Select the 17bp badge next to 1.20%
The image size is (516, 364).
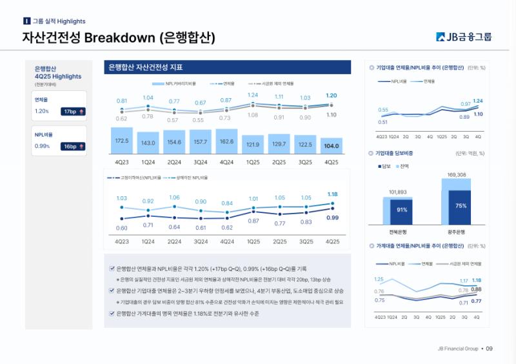pos(74,111)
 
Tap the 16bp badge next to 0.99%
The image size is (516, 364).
pos(74,147)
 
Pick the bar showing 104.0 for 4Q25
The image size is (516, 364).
pos(332,145)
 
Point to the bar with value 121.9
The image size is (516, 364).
pos(253,144)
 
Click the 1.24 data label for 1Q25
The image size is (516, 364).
pos(253,96)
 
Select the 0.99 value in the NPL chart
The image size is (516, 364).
pos(332,218)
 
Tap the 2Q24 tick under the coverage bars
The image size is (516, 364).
pos(174,162)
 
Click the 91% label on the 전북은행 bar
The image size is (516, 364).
pos(402,210)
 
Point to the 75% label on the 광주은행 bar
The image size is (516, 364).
pos(461,206)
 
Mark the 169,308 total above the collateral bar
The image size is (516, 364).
pos(461,175)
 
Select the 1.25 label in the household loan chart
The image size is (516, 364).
pos(379,279)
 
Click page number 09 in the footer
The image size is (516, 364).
pos(489,349)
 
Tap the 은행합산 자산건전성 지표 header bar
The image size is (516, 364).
pos(227,67)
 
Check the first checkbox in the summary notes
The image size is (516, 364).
pos(112,268)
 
